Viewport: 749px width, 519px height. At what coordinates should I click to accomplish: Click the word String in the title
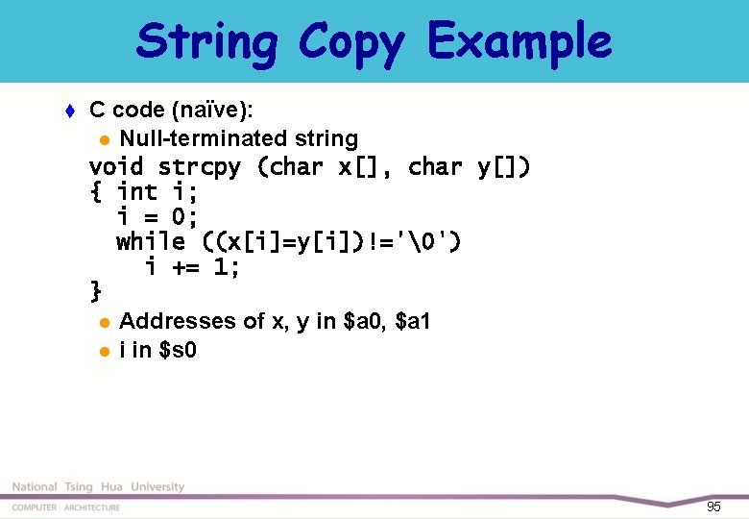(207, 42)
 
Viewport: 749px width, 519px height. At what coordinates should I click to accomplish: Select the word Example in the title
(519, 42)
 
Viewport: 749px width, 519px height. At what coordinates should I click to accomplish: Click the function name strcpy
(200, 167)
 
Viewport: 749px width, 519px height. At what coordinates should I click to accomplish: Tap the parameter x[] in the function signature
(359, 167)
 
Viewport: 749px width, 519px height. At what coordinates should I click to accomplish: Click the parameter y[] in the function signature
(501, 167)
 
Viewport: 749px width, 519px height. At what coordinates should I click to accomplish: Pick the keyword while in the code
(151, 241)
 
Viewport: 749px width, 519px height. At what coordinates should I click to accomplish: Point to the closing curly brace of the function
(95, 288)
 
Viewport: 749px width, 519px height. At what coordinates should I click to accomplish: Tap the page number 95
(713, 507)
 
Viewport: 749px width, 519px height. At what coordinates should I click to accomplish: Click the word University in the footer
(157, 487)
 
